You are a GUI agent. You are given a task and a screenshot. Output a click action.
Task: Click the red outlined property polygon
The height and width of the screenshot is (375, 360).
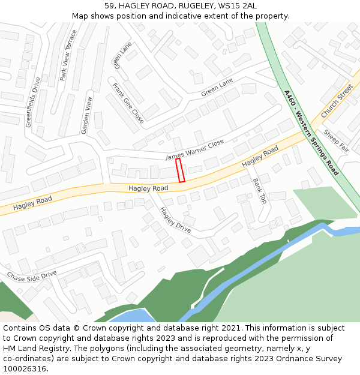pyautogui.click(x=180, y=170)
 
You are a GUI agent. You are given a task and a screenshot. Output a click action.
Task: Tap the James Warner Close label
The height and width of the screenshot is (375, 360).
pyautogui.click(x=194, y=149)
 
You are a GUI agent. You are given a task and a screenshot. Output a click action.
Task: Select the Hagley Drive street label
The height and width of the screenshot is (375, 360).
pyautogui.click(x=175, y=220)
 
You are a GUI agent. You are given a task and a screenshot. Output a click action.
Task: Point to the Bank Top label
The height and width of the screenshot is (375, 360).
pyautogui.click(x=259, y=191)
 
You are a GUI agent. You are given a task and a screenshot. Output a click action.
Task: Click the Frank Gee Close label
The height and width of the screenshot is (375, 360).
pyautogui.click(x=128, y=103)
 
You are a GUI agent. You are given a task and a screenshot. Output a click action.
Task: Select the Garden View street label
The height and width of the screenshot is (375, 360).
pyautogui.click(x=88, y=115)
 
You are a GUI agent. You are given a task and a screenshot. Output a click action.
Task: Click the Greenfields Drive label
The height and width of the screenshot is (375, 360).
pyautogui.click(x=32, y=102)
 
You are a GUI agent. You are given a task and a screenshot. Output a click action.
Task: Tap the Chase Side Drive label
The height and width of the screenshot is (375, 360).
pyautogui.click(x=32, y=275)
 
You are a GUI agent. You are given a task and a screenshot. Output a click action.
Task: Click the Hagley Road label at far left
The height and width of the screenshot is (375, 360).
pyautogui.click(x=33, y=202)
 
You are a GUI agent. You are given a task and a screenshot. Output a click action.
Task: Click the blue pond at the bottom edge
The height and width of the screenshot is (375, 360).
pyautogui.click(x=132, y=316)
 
